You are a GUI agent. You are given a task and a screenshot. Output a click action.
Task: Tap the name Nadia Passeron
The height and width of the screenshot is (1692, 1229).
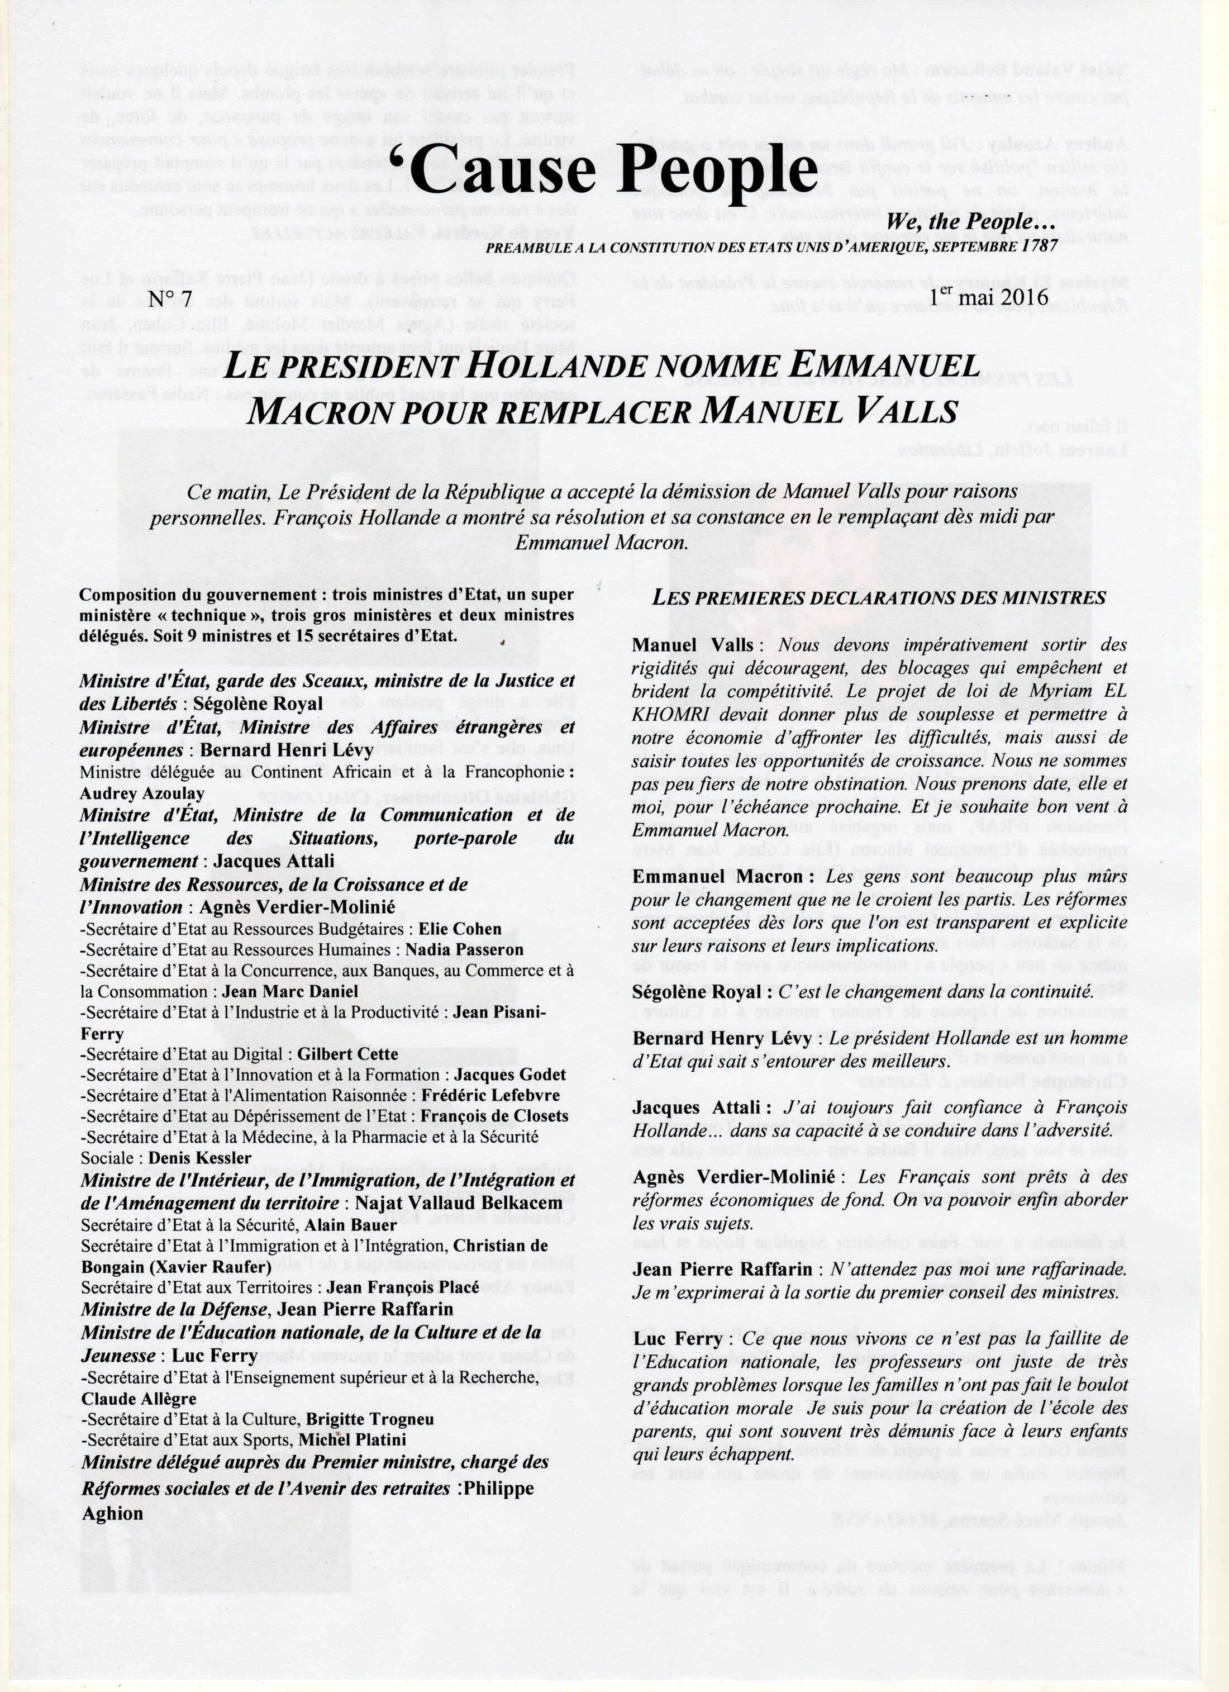(464, 950)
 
